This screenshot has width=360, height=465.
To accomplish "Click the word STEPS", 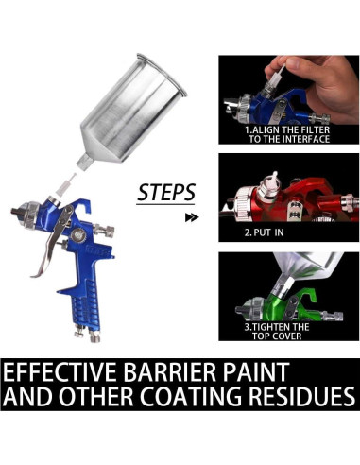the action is (166, 193).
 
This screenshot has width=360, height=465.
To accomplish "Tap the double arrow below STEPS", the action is (192, 217).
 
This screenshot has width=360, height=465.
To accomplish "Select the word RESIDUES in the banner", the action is (302, 396).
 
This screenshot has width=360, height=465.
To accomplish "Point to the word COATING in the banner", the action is (192, 396).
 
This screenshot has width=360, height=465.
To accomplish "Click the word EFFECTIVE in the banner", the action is (60, 372).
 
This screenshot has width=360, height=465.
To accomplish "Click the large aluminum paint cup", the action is (132, 109).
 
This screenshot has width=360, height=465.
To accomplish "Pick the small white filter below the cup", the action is (64, 185).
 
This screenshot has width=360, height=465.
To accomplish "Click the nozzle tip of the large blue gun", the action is (15, 212).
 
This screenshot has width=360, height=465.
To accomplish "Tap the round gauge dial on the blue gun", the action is (77, 234).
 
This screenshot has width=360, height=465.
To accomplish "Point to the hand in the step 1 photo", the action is (318, 83).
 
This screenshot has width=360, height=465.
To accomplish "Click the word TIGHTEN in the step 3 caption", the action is (273, 327).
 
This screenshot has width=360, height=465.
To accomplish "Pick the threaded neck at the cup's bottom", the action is (84, 162).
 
